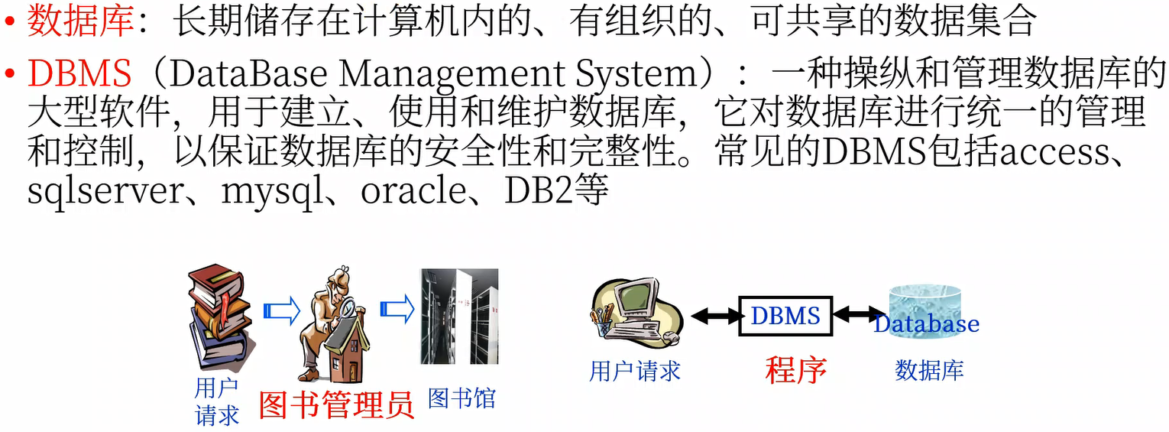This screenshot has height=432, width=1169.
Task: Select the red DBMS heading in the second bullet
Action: [79, 74]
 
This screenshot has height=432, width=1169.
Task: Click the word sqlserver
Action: [104, 191]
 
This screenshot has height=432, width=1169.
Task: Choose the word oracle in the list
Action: [413, 191]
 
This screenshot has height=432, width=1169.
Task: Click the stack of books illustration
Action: [219, 317]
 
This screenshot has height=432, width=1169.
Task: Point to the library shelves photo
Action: [459, 317]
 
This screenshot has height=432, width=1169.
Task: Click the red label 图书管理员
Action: [336, 404]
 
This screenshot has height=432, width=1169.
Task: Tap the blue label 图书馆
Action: [461, 398]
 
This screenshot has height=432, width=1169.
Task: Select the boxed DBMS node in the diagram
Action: [785, 315]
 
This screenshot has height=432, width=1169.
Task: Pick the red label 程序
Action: [796, 370]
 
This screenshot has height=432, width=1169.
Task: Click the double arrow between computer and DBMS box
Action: [715, 315]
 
